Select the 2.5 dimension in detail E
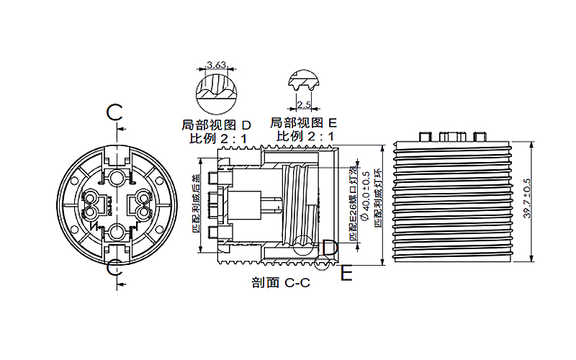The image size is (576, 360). click(305, 105)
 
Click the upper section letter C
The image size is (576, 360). click(116, 112)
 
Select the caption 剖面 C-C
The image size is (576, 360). click(281, 283)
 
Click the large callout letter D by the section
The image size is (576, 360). click(329, 248)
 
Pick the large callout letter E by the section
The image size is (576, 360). click(347, 274)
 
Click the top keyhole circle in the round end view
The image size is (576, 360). click(116, 176)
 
